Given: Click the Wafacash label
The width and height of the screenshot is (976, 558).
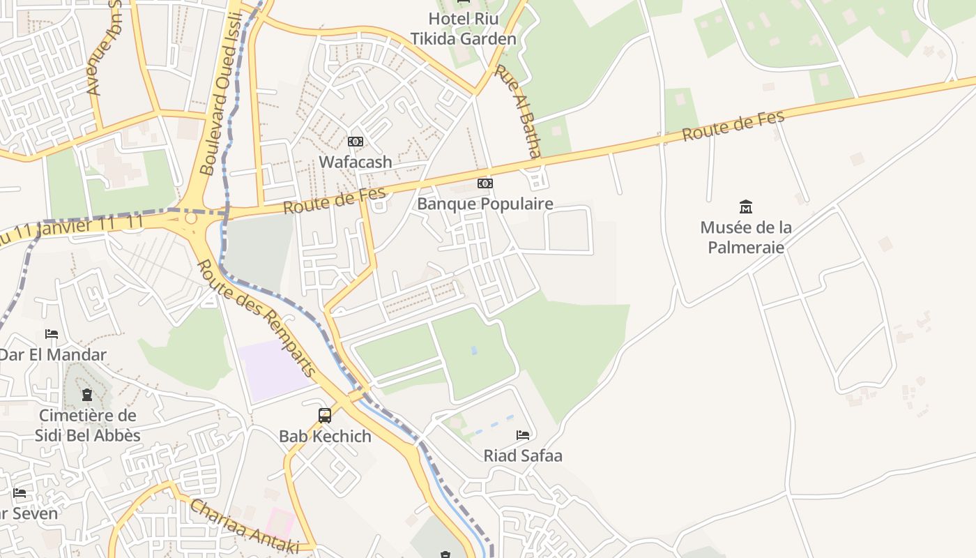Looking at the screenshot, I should [x=356, y=162].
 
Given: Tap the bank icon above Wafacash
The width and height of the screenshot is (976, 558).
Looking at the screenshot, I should [x=356, y=142].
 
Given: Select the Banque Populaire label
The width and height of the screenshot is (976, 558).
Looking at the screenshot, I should [x=485, y=204].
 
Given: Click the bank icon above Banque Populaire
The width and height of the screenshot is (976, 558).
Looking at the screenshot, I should [x=485, y=183].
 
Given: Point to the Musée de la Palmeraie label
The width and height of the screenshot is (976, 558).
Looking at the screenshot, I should [x=746, y=237].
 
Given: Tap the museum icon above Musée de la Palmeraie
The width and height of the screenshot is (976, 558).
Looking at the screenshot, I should [x=746, y=206].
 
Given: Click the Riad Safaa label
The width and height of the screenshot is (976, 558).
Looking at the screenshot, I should [x=523, y=455].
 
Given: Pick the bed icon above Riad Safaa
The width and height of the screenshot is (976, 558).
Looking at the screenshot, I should [x=523, y=435].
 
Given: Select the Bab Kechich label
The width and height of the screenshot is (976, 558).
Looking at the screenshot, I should [x=325, y=436].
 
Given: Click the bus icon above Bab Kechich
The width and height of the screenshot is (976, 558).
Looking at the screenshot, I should [x=325, y=416].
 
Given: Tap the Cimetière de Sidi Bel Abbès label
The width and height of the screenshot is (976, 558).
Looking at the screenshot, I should [x=88, y=425].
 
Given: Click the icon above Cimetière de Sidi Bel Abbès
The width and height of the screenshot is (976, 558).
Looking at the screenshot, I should [x=87, y=395].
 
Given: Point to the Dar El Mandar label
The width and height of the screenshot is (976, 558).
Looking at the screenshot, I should [x=53, y=354].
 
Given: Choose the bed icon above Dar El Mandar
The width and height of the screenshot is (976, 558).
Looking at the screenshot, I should [x=52, y=334].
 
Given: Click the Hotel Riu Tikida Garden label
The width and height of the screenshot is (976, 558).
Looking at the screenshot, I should [x=464, y=29].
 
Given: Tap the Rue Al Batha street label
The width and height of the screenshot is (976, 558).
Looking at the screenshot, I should [x=518, y=112].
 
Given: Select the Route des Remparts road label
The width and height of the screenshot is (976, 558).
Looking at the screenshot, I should [x=256, y=318].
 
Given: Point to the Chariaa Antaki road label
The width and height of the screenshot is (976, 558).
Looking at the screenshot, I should [x=245, y=527].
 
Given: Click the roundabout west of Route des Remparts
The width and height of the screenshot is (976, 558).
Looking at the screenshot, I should [x=190, y=220].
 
